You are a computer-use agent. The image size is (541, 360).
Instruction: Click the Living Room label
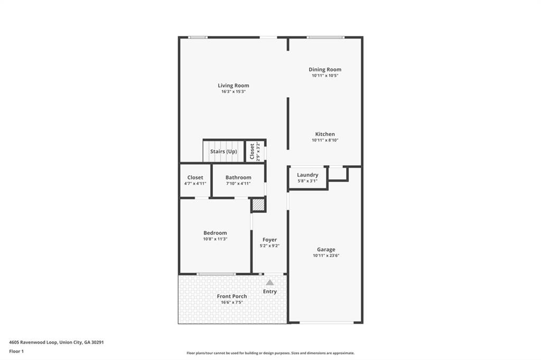pyautogui.click(x=234, y=86)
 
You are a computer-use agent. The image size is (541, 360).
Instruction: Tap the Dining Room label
pyautogui.click(x=325, y=69)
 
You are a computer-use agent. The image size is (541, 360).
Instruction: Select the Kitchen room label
pyautogui.click(x=325, y=134)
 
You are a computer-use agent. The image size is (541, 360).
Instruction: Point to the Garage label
pyautogui.click(x=326, y=250)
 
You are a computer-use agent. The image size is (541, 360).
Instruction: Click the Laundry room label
pyautogui.click(x=307, y=175)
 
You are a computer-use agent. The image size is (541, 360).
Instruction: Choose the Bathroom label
pyautogui.click(x=238, y=177)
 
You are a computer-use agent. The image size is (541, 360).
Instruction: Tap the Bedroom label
pyautogui.click(x=215, y=233)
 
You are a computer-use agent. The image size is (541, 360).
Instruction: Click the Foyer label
pyautogui.click(x=269, y=240)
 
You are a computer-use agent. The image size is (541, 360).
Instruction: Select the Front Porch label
pyautogui.click(x=232, y=296)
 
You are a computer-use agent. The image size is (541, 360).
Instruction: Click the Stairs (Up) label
pyautogui.click(x=223, y=151)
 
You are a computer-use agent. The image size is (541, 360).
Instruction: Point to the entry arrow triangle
pyautogui.click(x=270, y=282)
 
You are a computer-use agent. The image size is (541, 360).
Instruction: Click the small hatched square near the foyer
pyautogui.click(x=258, y=204)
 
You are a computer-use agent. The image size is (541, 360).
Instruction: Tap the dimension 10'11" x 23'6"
pyautogui.click(x=326, y=255)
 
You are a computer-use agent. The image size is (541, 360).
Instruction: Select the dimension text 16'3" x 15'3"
pyautogui.click(x=234, y=91)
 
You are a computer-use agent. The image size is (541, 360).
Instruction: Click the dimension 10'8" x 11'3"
pyautogui.click(x=215, y=239)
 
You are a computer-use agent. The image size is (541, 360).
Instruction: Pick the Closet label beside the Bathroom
pyautogui.click(x=195, y=177)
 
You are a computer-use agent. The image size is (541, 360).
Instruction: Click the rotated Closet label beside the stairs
pyautogui.click(x=253, y=150)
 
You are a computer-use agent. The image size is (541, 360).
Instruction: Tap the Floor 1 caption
pyautogui.click(x=17, y=350)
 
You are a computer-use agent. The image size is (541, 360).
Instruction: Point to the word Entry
pyautogui.click(x=270, y=291)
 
